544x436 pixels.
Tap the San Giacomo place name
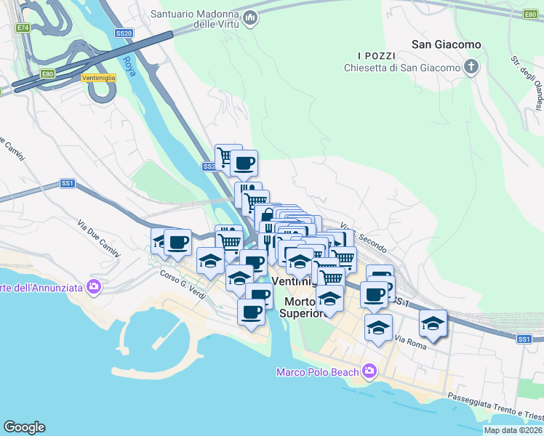pyautogui.click(x=446, y=44)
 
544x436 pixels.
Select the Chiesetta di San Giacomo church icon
pyautogui.click(x=471, y=68)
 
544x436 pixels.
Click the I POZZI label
pyautogui.click(x=376, y=56)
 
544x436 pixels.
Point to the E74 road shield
pyautogui.click(x=23, y=28)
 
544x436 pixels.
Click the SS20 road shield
pyautogui.click(x=124, y=33)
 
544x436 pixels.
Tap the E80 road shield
pyautogui.click(x=48, y=73)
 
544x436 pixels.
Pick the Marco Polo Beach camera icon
pyautogui.click(x=369, y=372)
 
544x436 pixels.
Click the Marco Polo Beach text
pyautogui.click(x=318, y=373)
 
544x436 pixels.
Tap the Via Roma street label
pyautogui.click(x=409, y=339)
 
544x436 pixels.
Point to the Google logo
pyautogui.click(x=24, y=427)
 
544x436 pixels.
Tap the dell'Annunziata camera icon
pyautogui.click(x=93, y=287)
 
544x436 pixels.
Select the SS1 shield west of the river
pyautogui.click(x=68, y=184)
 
